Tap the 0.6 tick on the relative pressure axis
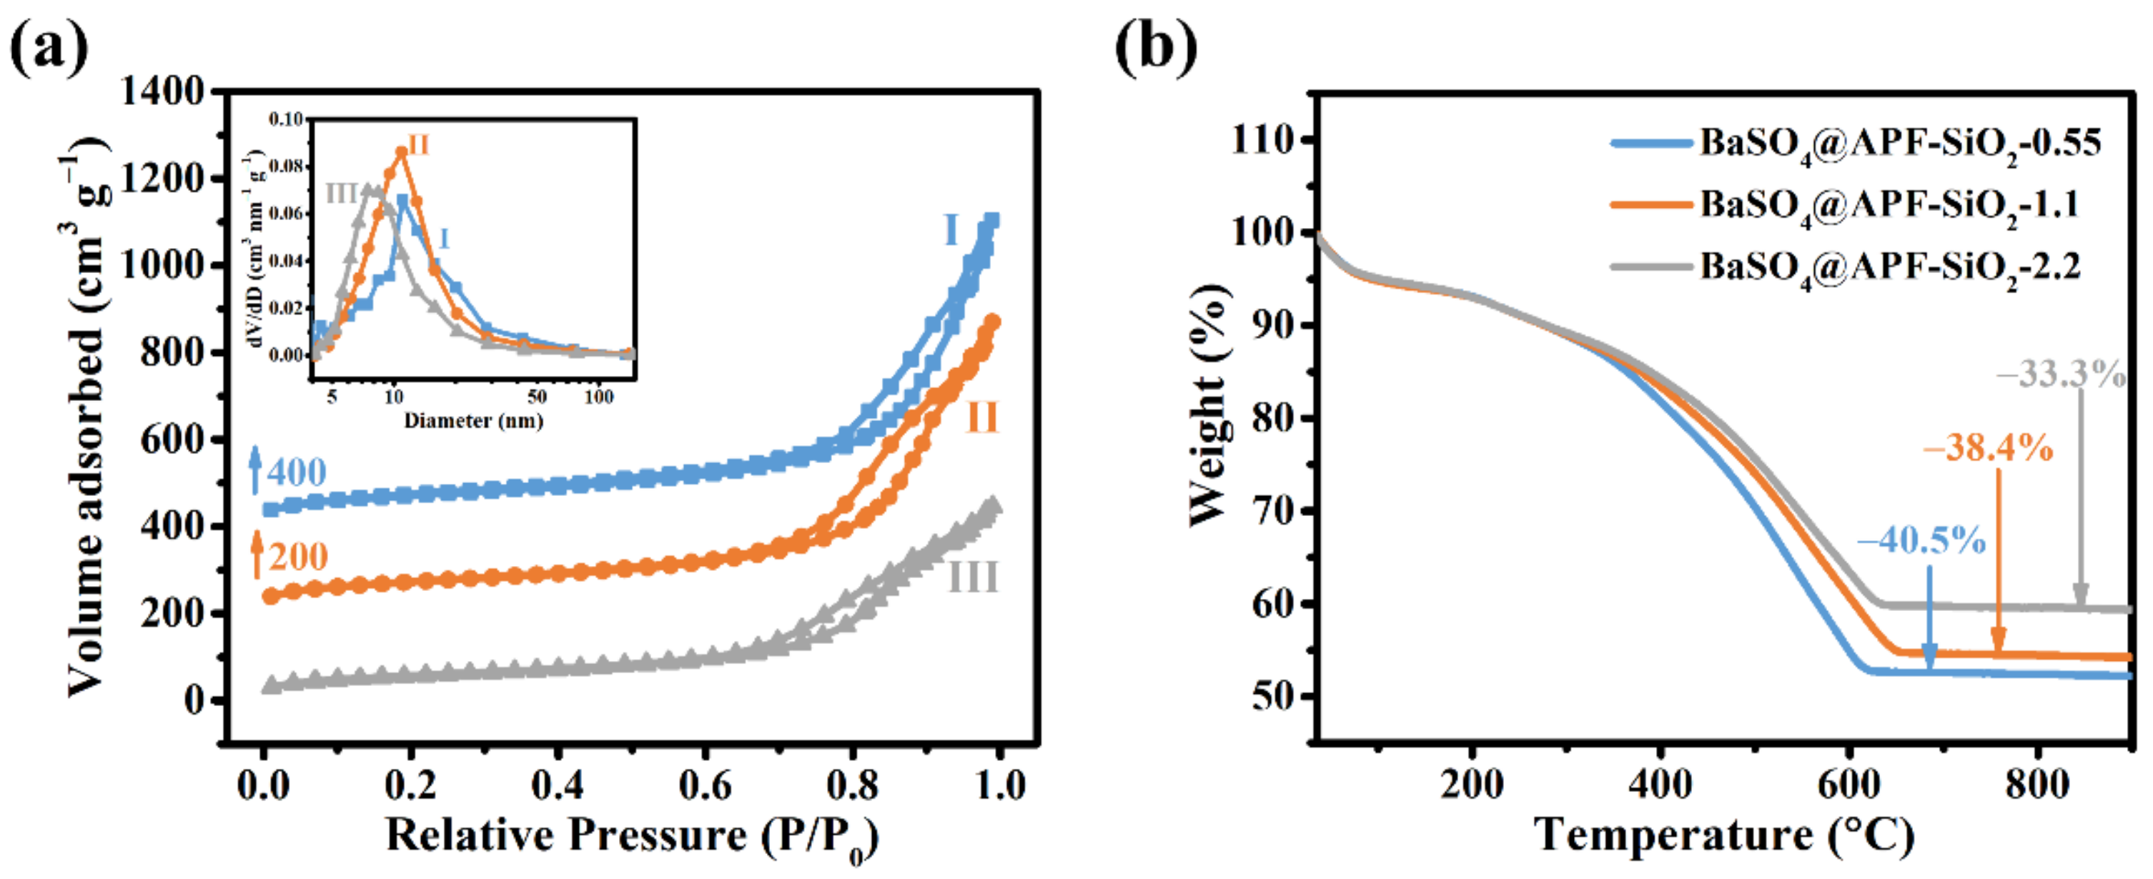tap(705, 785)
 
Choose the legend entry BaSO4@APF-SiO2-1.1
tap(1889, 204)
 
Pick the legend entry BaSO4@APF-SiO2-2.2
tap(1890, 267)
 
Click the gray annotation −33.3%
tap(2061, 374)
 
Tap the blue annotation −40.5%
tap(1921, 540)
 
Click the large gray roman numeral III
tap(973, 577)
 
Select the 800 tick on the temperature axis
tap(2036, 785)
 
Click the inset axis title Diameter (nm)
tap(473, 420)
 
